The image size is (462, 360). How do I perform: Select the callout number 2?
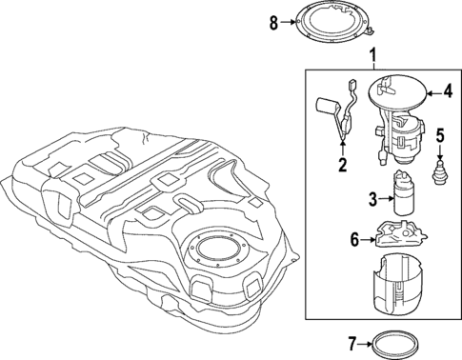341,164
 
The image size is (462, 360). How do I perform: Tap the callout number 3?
373,198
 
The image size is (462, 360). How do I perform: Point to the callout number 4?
445,92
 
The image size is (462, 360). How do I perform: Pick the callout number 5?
439,134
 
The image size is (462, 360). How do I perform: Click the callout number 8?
274,24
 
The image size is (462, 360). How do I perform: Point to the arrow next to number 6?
368,240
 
